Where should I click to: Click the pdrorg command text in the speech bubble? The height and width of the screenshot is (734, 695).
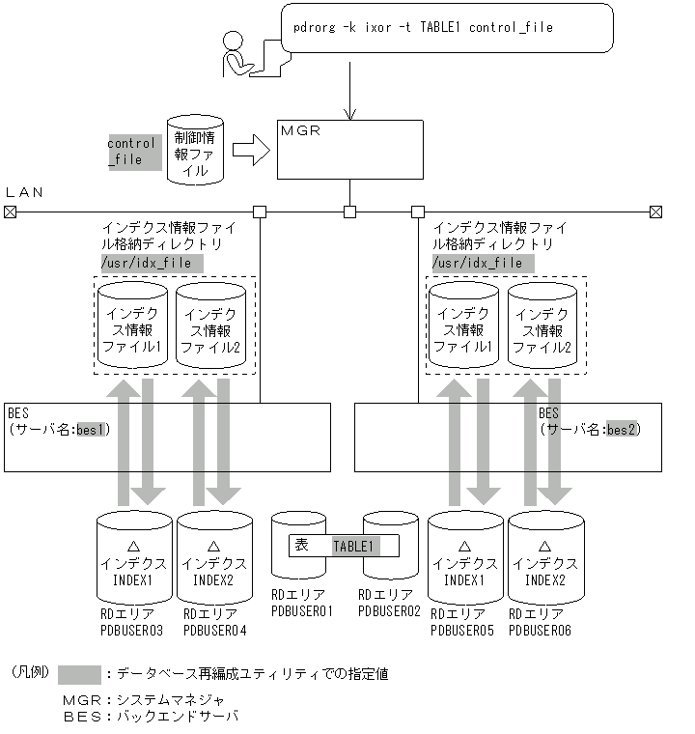422,28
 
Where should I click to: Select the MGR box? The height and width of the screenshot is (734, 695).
349,150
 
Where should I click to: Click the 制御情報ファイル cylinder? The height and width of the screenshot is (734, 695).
195,151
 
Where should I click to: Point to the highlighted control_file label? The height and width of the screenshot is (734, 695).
132,153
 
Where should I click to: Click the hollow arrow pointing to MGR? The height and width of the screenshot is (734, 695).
250,151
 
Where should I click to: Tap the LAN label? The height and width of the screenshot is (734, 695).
24,192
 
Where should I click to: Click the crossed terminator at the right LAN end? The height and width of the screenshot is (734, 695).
655,212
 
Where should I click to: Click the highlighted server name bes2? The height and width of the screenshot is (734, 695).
622,429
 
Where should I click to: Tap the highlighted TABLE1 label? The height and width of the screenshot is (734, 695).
353,546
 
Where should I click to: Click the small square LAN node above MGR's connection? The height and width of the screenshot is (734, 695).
349,212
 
